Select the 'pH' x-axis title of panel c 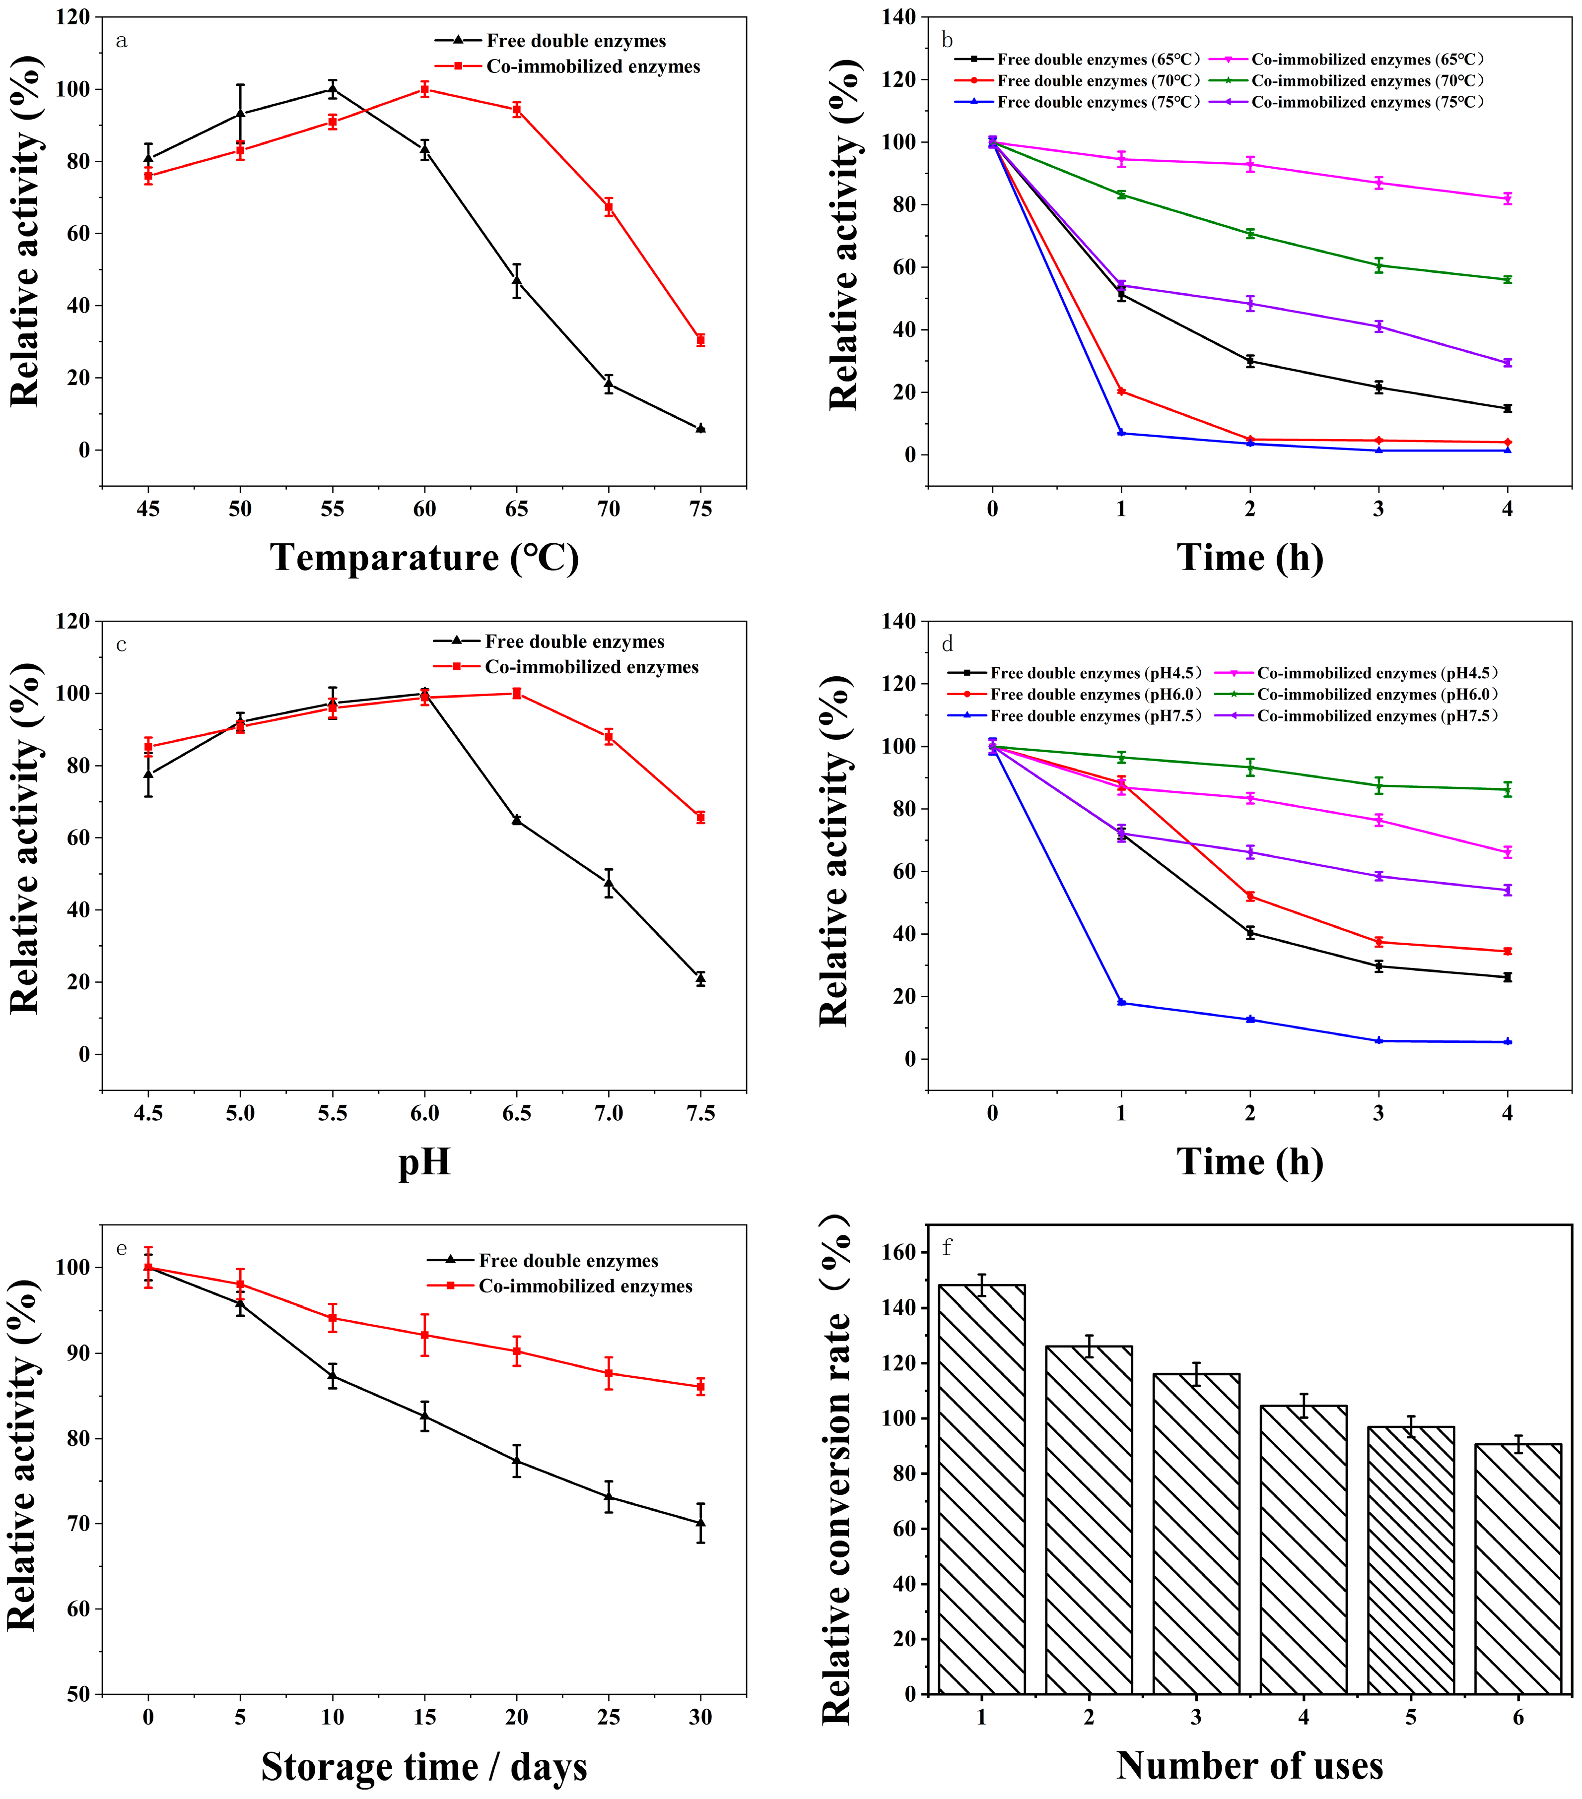point(424,1162)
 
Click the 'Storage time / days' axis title point(424,1766)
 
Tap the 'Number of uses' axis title point(1249,1766)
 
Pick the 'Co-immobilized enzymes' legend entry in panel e point(585,1286)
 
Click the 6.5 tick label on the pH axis point(517,1113)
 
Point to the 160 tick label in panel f point(899,1252)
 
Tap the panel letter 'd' point(947,644)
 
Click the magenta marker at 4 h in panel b point(1507,199)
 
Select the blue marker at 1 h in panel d point(1121,1003)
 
